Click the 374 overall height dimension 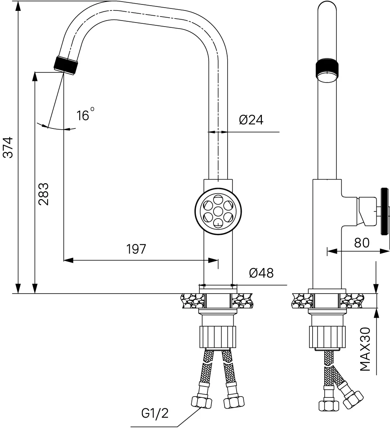click(x=8, y=147)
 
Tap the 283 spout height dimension click(x=44, y=194)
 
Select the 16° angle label click(x=85, y=114)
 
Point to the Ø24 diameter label click(x=251, y=120)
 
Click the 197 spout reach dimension click(x=136, y=249)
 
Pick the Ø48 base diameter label click(x=261, y=273)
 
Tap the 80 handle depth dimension click(x=362, y=242)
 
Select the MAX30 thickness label click(x=365, y=349)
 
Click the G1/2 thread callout click(x=155, y=413)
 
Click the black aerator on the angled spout click(x=66, y=65)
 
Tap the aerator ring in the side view click(x=327, y=70)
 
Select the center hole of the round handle click(x=218, y=211)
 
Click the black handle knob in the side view click(x=384, y=211)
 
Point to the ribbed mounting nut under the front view click(x=218, y=337)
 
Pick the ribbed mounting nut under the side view click(x=327, y=337)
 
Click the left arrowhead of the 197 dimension click(x=68, y=260)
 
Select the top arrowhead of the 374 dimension click(x=18, y=6)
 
